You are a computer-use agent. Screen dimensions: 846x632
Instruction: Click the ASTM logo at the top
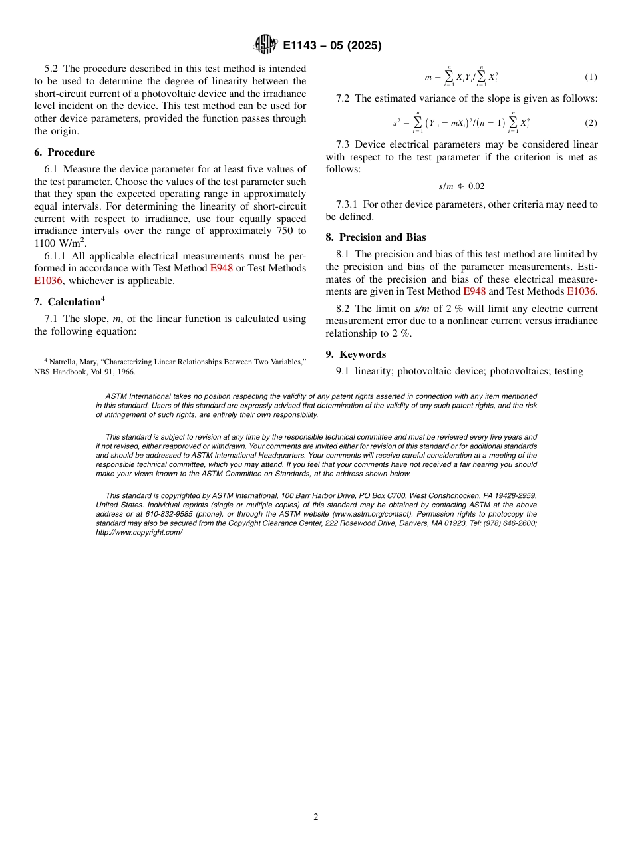265,45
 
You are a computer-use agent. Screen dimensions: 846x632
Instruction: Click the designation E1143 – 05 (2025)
332,46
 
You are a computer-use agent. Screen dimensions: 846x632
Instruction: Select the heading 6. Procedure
65,152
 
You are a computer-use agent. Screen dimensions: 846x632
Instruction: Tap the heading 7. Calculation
69,302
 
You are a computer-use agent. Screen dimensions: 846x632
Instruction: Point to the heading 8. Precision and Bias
376,237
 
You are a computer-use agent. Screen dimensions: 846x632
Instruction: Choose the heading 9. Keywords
356,354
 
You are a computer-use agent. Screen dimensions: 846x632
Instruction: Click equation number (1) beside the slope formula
591,77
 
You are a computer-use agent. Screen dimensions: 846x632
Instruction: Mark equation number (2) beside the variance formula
591,123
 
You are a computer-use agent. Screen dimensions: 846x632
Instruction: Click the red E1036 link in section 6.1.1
48,281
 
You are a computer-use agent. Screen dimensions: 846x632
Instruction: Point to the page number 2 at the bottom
316,817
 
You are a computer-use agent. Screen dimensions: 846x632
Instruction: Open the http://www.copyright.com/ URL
139,533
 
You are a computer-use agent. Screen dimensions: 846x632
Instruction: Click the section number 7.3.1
347,204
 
